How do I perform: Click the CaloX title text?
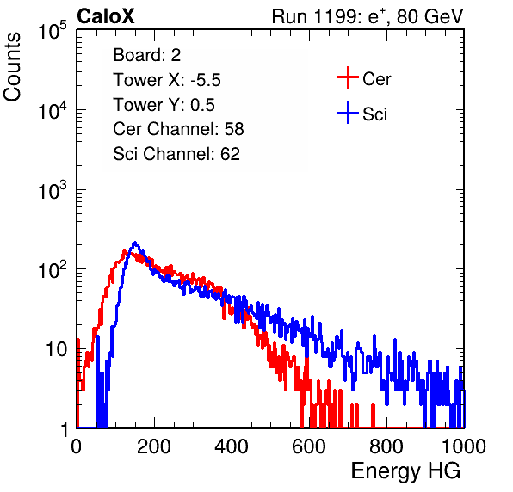106,16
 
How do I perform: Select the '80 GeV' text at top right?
430,16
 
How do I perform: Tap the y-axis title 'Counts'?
12,67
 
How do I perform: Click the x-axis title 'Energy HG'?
405,471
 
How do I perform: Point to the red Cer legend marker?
348,77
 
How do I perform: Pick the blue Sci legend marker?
348,114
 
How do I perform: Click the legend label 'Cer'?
376,79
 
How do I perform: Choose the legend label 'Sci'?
374,114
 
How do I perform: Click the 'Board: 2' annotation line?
147,55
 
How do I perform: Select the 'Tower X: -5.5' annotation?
167,80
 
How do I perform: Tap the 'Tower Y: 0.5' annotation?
164,105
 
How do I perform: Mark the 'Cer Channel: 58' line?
178,129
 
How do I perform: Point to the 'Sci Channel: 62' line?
176,154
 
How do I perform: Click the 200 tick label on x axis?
154,446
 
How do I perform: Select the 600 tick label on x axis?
309,446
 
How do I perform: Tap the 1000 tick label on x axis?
464,446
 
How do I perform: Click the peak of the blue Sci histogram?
135,243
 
